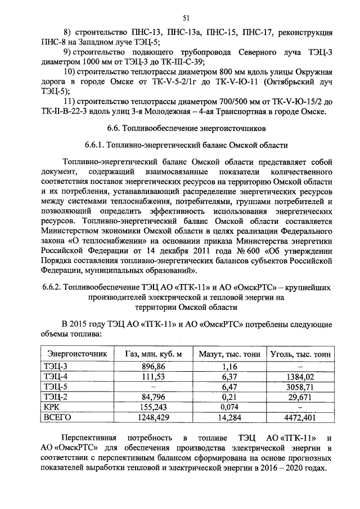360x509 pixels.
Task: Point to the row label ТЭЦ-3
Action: (x=56, y=366)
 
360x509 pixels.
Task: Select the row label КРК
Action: (x=53, y=407)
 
